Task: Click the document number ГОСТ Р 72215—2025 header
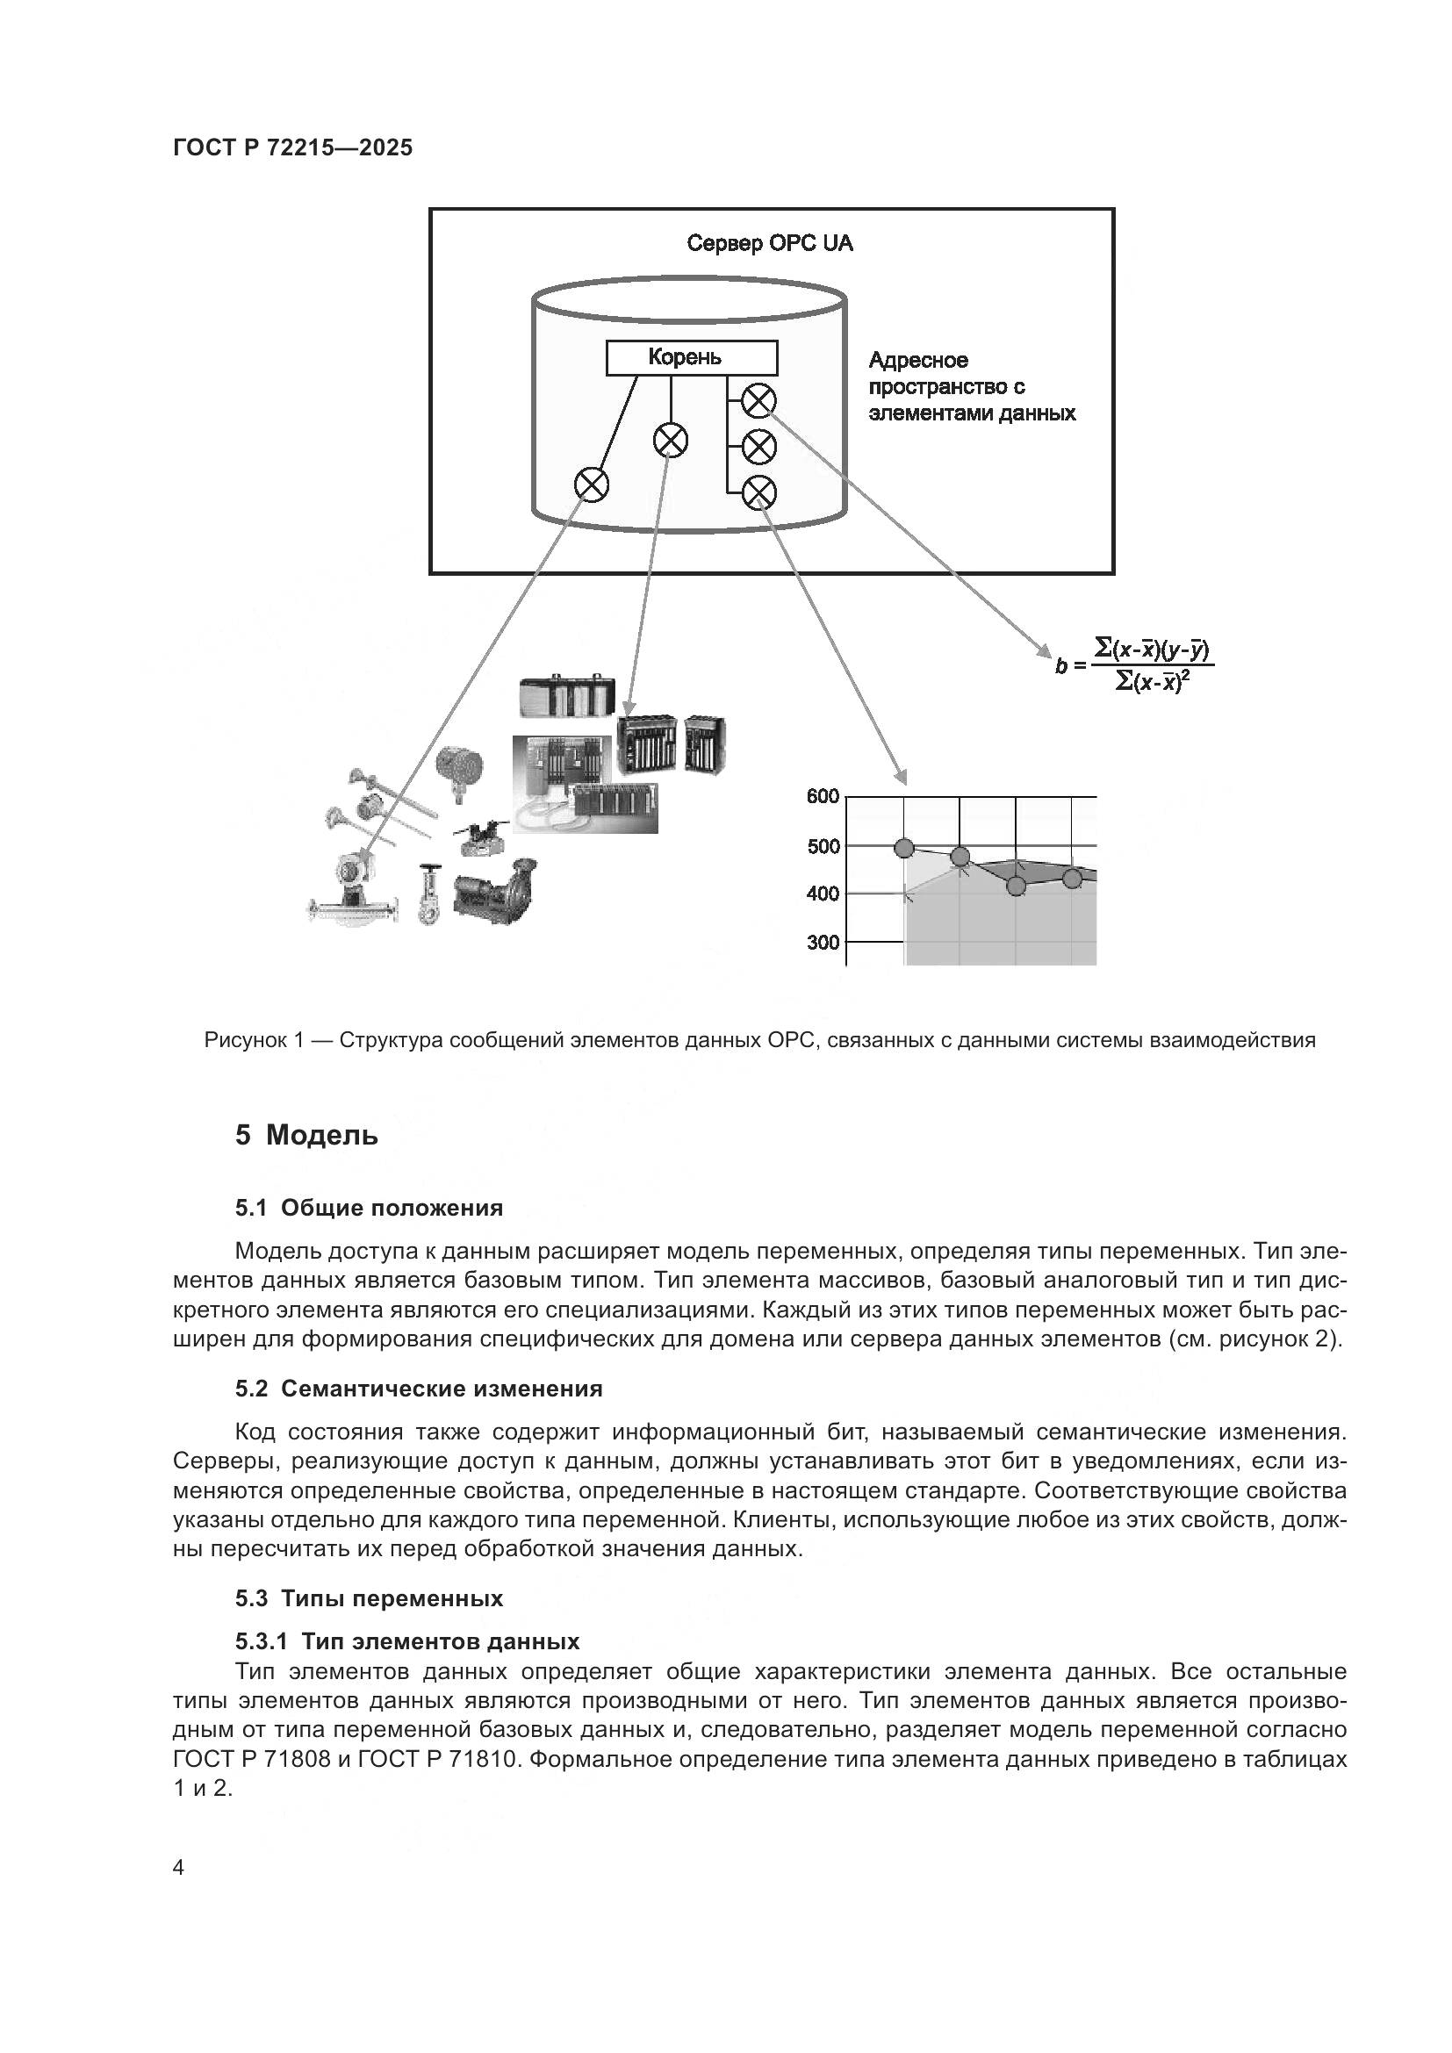coord(292,147)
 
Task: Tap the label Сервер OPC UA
coord(769,243)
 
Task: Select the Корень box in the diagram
coord(691,357)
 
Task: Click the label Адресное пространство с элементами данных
coord(971,386)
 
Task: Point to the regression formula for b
coord(1135,664)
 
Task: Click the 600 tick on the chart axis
coord(823,796)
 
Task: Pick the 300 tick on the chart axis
coord(823,942)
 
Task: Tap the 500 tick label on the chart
coord(823,846)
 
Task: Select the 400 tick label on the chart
coord(823,894)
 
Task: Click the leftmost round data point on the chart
coord(904,848)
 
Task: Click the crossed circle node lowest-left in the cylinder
coord(591,485)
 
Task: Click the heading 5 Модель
coord(305,1136)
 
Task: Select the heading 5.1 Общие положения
coord(369,1208)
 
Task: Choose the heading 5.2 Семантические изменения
coord(419,1389)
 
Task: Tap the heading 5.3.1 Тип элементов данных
coord(406,1641)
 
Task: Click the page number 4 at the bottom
coord(179,1868)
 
